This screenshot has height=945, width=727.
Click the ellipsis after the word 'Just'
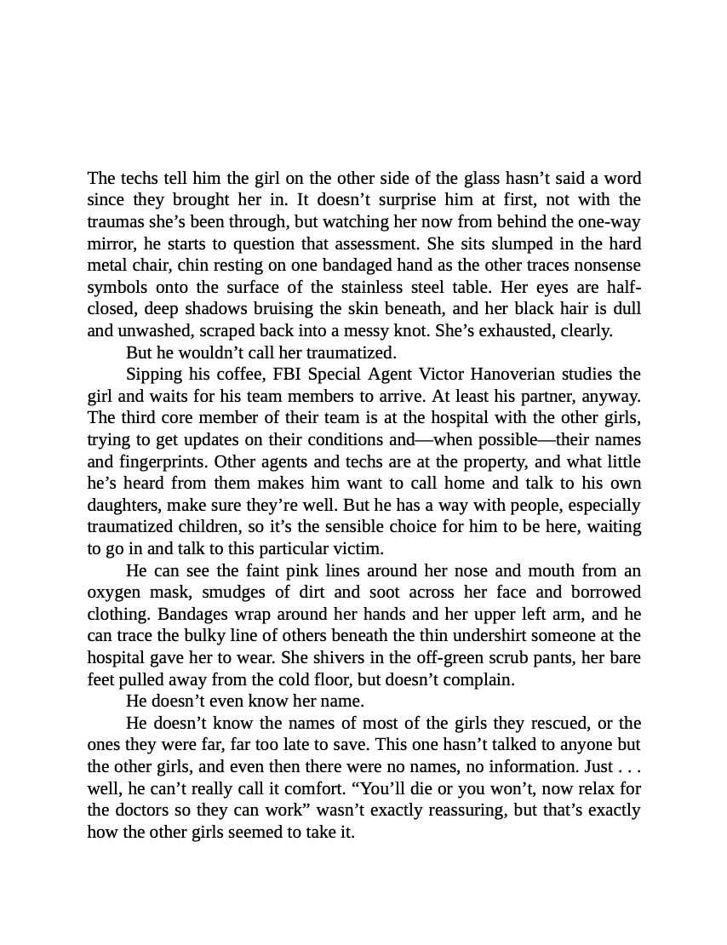coord(626,767)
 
